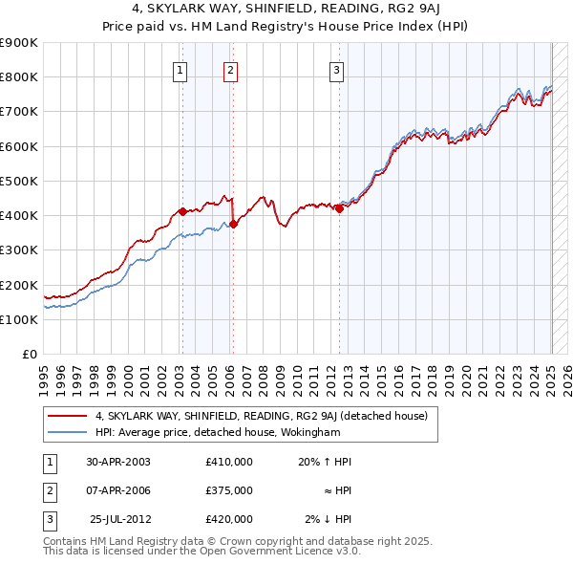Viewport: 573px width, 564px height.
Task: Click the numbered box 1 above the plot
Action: pyautogui.click(x=180, y=69)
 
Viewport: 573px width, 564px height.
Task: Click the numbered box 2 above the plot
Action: pyautogui.click(x=231, y=69)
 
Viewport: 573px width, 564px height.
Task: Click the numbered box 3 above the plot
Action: pyautogui.click(x=337, y=69)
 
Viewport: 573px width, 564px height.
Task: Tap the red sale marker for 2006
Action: pyautogui.click(x=233, y=224)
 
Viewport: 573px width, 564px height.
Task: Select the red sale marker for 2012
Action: pyautogui.click(x=339, y=208)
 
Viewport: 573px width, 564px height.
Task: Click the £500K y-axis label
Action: pyautogui.click(x=21, y=181)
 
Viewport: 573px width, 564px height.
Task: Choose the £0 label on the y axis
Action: pyautogui.click(x=29, y=354)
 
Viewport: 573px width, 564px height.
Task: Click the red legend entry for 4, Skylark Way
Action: pyautogui.click(x=266, y=416)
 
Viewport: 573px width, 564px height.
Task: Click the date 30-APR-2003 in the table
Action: pyautogui.click(x=118, y=462)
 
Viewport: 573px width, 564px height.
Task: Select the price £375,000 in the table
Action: pyautogui.click(x=229, y=490)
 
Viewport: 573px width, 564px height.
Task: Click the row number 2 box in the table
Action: pyautogui.click(x=49, y=490)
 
